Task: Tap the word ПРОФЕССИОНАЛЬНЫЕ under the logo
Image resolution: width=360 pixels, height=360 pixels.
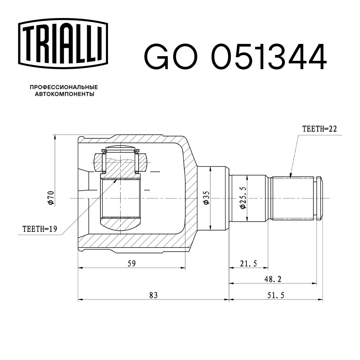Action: (x=64, y=87)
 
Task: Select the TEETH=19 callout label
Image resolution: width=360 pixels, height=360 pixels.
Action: (x=40, y=229)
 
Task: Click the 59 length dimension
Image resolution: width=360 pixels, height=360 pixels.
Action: (x=131, y=264)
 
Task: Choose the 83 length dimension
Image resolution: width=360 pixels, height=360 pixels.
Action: (x=153, y=295)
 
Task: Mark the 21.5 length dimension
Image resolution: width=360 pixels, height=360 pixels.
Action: (x=248, y=264)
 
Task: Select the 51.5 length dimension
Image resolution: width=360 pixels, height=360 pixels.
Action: (x=276, y=295)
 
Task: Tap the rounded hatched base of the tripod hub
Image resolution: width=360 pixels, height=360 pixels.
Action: (x=120, y=225)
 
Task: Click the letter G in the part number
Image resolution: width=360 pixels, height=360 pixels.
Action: (x=157, y=57)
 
